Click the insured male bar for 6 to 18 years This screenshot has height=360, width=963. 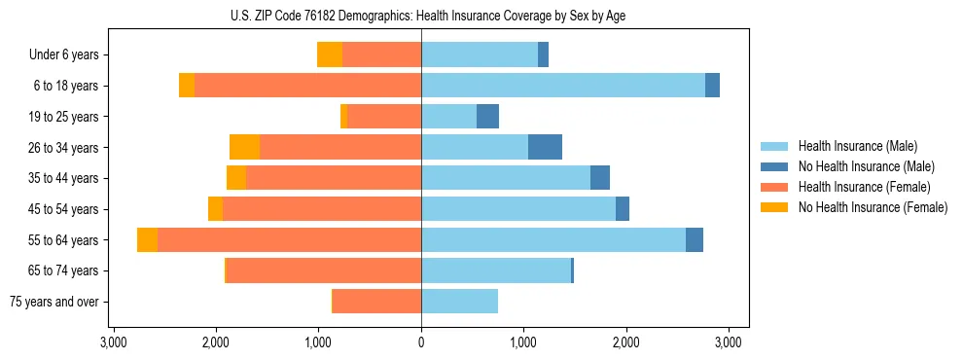coord(563,86)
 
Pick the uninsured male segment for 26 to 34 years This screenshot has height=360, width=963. coord(545,147)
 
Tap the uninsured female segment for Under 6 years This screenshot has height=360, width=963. coord(330,54)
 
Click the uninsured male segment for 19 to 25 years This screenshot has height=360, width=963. coord(487,117)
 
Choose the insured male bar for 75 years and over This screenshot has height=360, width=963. coord(459,302)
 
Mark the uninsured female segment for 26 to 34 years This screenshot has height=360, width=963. coord(244,147)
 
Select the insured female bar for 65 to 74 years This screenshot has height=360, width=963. coord(324,270)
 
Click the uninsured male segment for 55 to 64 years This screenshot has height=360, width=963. coord(695,240)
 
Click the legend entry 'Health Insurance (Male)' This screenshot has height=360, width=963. coord(856,146)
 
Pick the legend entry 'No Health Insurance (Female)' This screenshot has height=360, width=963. coord(872,207)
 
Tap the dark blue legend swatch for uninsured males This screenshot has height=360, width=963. coord(775,166)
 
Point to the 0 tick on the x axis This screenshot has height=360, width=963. coord(421,342)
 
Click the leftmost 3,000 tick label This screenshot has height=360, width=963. coord(113,342)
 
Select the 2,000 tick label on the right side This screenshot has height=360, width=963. coord(626,342)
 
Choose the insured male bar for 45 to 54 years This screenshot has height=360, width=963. coord(518,209)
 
